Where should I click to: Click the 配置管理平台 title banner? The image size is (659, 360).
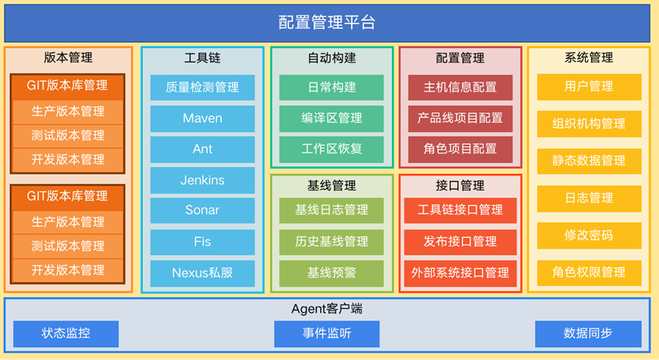(329, 22)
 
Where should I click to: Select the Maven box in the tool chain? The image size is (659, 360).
(202, 118)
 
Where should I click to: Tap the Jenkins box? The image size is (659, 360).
(202, 181)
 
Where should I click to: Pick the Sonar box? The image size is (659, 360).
(202, 211)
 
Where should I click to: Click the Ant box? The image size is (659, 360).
(202, 149)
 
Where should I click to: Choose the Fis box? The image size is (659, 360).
(202, 242)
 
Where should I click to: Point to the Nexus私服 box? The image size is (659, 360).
(202, 272)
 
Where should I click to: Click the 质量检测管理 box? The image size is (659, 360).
(202, 87)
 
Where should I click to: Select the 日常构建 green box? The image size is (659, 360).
(332, 87)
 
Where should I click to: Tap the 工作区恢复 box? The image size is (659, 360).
(332, 148)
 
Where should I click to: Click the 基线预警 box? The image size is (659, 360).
(332, 272)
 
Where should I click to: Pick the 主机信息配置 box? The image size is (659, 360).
(460, 87)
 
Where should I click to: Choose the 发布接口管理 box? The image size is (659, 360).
(460, 242)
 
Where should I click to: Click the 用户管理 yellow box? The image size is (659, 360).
(589, 87)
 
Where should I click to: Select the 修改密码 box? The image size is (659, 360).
(589, 235)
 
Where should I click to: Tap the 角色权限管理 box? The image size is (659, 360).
(589, 272)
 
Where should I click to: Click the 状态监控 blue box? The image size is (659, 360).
(66, 333)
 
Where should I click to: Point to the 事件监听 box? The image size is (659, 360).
(326, 333)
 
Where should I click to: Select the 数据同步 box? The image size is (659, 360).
(587, 333)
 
